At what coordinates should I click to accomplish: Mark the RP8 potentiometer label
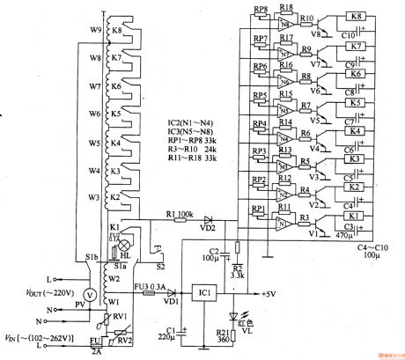pyautogui.click(x=260, y=11)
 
